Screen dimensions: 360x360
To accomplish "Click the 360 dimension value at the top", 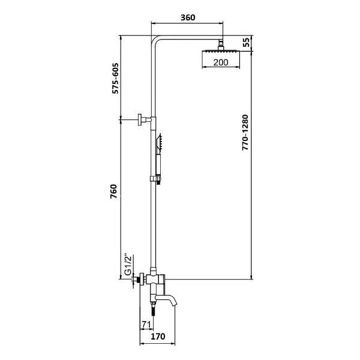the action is coord(188,17).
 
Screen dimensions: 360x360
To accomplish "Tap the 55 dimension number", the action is coord(247,43).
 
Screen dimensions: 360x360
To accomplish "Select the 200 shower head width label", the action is coord(221,62).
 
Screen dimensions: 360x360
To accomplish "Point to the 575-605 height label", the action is coord(115,78).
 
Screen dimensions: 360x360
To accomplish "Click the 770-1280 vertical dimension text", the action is coord(245,132).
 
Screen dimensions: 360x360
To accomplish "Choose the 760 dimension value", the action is coord(113,191).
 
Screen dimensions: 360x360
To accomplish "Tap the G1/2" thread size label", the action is coord(128,264).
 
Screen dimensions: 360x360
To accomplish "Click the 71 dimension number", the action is coord(146,325).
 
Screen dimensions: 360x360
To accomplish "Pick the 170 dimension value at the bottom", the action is coord(158,337).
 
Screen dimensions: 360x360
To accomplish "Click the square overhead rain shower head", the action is coord(221,52).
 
